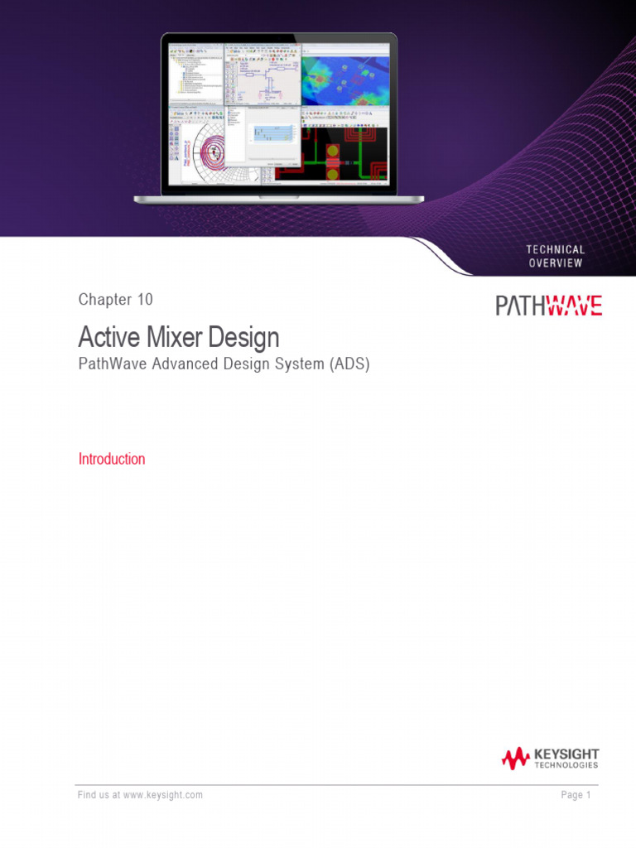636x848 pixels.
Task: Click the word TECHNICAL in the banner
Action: point(555,249)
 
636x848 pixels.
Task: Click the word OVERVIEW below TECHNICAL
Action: point(555,263)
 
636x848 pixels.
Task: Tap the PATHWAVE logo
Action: point(548,306)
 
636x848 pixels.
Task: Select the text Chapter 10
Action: point(115,300)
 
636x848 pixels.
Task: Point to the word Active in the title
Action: point(105,338)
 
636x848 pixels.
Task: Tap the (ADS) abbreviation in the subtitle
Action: point(349,364)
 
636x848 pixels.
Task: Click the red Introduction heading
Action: point(112,459)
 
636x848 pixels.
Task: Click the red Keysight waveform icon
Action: point(514,758)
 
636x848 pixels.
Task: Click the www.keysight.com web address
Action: point(163,795)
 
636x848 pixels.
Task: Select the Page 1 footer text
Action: point(576,795)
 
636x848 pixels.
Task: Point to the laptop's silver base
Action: point(279,199)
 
